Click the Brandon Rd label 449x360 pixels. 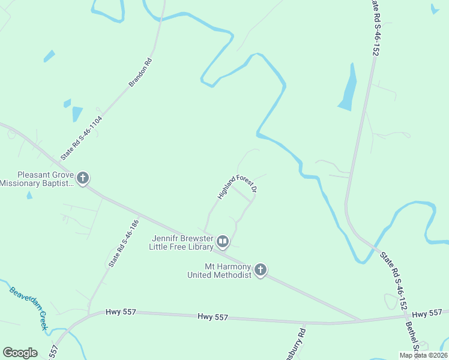[x=140, y=73]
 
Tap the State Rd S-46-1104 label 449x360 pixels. [x=81, y=137]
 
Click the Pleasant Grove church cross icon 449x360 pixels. [x=83, y=178]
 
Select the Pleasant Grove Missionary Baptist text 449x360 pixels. [x=37, y=179]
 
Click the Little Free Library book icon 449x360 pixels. [x=223, y=242]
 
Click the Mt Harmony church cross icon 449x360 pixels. [x=260, y=270]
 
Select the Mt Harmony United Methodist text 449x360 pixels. [x=218, y=271]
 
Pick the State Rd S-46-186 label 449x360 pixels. [x=123, y=243]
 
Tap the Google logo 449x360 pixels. [x=20, y=353]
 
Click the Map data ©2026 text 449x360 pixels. [x=423, y=355]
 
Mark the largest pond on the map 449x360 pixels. [x=348, y=89]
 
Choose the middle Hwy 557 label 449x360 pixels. [x=213, y=316]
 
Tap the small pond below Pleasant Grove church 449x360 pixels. [x=29, y=196]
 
